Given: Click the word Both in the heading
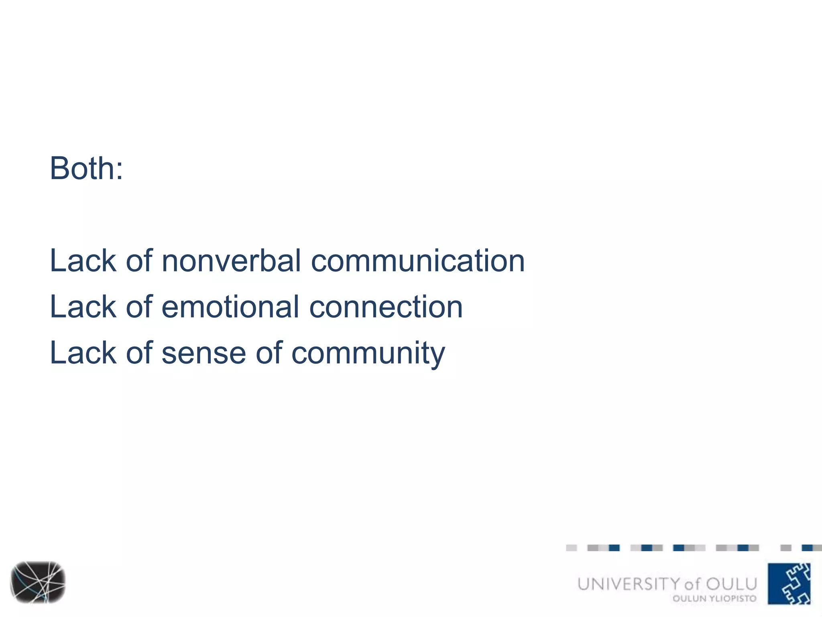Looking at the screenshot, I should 82,168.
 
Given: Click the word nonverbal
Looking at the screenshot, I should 231,261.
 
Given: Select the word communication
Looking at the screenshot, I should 418,261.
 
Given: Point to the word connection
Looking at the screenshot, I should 386,307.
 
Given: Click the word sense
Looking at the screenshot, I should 203,353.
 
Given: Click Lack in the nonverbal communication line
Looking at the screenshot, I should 83,261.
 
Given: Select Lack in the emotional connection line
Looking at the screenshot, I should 83,307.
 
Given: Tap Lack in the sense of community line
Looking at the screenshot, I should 83,353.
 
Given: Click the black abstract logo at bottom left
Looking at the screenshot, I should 38,582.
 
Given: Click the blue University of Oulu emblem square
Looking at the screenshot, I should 789,584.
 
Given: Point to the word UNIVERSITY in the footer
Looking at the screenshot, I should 629,584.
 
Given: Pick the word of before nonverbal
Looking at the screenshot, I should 139,261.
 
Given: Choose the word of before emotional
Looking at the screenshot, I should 139,307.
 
